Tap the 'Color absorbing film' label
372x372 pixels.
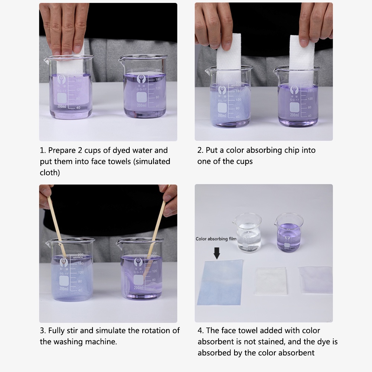click(216, 239)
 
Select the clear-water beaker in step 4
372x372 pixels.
click(247, 232)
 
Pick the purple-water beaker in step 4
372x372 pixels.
click(289, 232)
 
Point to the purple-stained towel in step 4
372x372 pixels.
click(315, 279)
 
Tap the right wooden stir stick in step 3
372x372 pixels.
click(156, 230)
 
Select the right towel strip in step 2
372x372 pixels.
click(302, 59)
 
